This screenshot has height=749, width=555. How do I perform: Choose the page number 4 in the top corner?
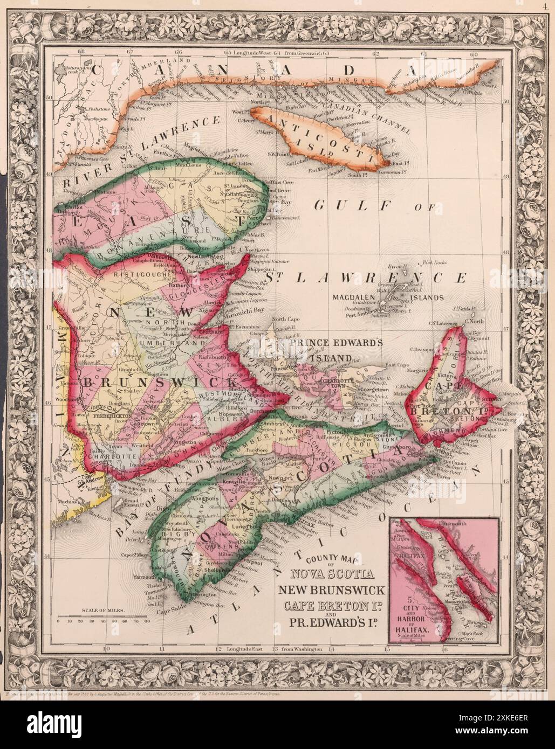pyautogui.click(x=546, y=6)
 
